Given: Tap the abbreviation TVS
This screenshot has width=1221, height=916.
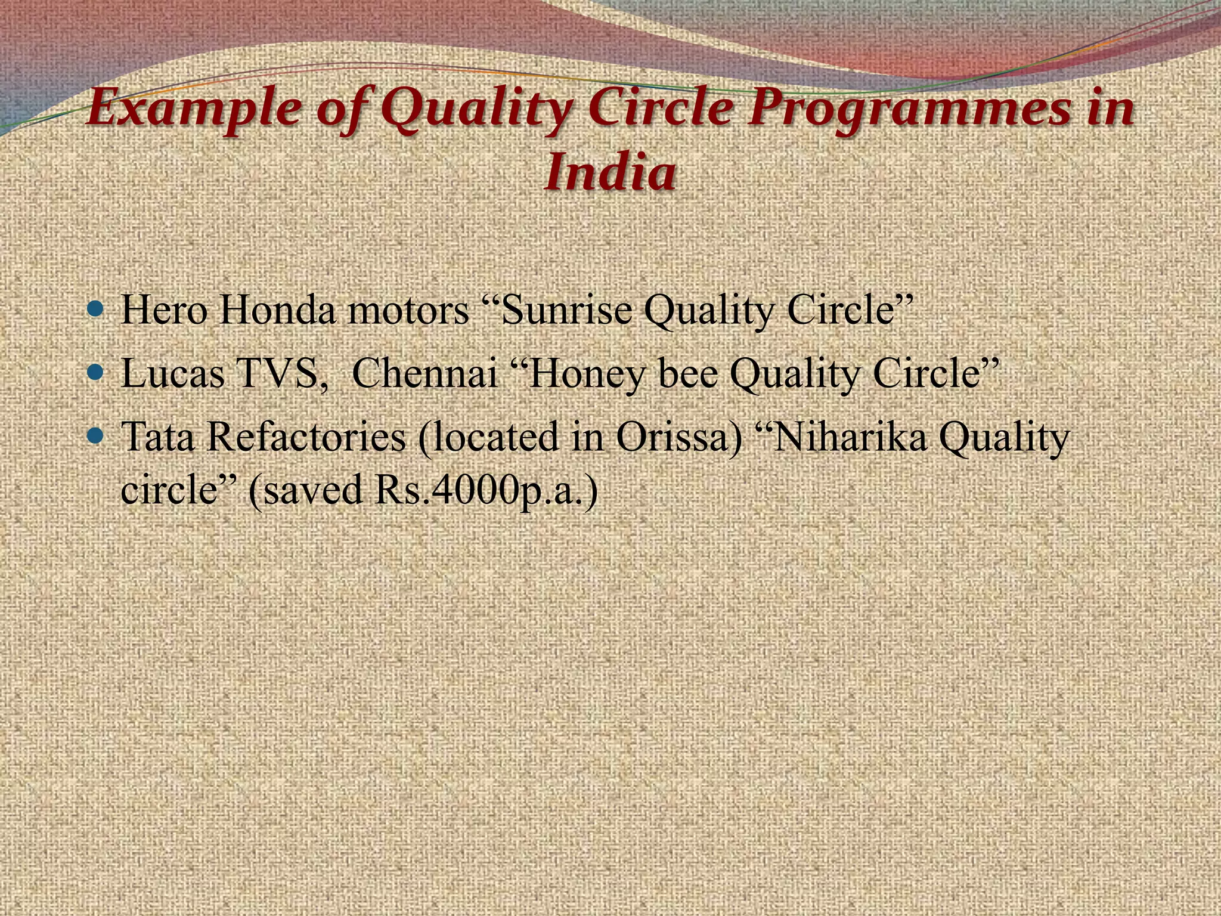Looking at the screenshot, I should point(280,374).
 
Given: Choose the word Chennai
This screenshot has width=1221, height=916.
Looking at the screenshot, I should point(425,374).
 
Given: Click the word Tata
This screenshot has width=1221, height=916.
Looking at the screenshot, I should point(158,437).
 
